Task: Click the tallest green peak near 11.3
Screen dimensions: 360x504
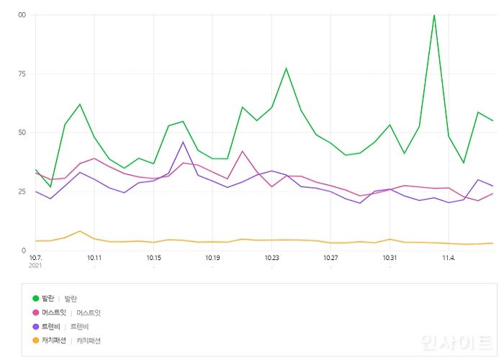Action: coord(434,15)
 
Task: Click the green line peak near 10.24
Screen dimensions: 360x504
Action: coord(286,68)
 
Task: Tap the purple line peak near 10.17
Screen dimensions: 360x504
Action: coord(184,142)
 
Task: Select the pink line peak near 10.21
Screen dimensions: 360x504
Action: coord(243,151)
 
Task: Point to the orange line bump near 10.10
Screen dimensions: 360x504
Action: coord(80,231)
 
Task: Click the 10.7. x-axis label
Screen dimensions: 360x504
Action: coord(36,257)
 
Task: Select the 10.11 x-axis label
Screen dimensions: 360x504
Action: coord(94,257)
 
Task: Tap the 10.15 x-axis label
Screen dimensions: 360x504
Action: coord(153,257)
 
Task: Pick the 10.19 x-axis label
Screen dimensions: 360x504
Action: coord(212,257)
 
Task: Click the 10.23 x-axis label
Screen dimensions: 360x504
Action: coord(271,257)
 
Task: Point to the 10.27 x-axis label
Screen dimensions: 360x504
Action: coord(330,257)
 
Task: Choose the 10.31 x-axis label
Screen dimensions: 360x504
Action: coord(390,257)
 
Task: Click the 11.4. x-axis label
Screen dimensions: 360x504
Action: coord(449,257)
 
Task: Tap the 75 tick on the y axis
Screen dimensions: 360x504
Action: coord(22,73)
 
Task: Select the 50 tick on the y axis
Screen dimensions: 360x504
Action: coord(22,132)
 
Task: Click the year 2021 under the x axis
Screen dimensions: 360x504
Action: coord(37,266)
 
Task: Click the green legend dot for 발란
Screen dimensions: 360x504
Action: coord(36,298)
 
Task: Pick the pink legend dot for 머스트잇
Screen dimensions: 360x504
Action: coord(36,312)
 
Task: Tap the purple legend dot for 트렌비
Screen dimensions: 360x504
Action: coord(36,326)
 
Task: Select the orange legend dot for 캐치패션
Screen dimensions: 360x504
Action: coord(36,341)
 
